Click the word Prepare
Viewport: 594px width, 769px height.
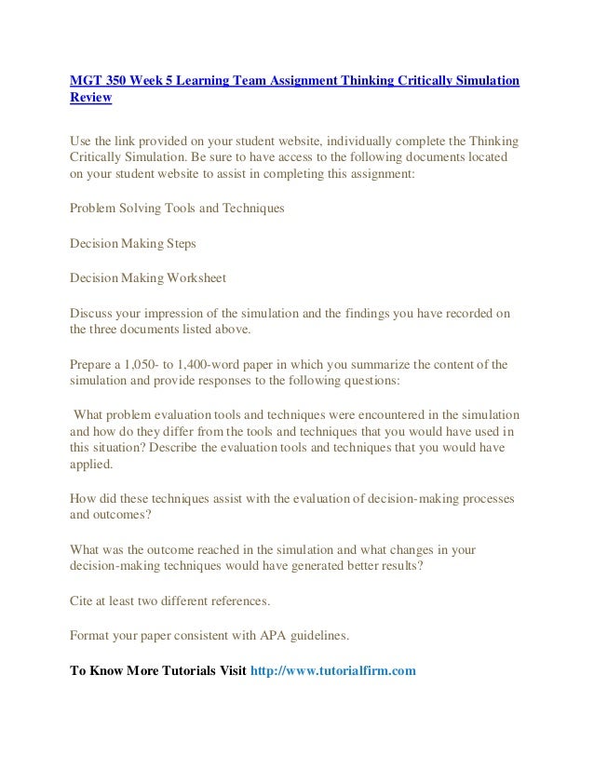click(92, 365)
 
